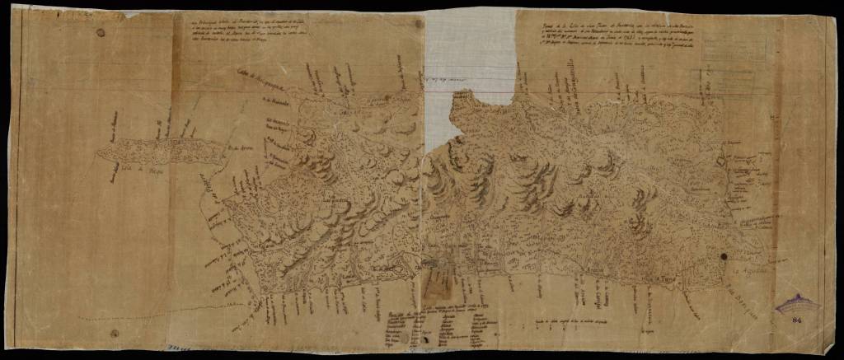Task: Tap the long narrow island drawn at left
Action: (161, 149)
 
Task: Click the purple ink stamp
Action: (798, 304)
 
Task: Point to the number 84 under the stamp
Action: (796, 320)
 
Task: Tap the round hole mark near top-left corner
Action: (101, 33)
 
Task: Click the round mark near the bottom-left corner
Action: (115, 334)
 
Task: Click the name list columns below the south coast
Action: (437, 325)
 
